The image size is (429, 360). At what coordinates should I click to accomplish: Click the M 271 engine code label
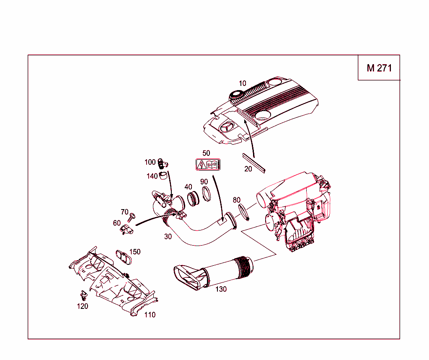coord(379,68)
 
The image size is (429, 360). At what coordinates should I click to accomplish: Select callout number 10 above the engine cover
coord(243,83)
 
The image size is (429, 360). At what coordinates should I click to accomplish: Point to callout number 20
coord(248,168)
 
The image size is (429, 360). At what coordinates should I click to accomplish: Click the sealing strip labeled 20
coord(254,163)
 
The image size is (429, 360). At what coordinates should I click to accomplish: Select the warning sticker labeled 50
coord(208,165)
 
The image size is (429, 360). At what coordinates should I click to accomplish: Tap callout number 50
coord(206,153)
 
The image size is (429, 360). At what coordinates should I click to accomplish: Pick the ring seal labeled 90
coord(207,194)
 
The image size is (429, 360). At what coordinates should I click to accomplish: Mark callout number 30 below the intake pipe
coord(168,236)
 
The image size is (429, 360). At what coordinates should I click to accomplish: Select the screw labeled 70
coord(133,217)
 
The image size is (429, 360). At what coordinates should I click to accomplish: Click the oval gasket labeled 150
coord(124,257)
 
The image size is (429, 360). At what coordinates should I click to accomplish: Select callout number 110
coord(150,315)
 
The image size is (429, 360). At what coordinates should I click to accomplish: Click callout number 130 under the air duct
coord(221,289)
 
